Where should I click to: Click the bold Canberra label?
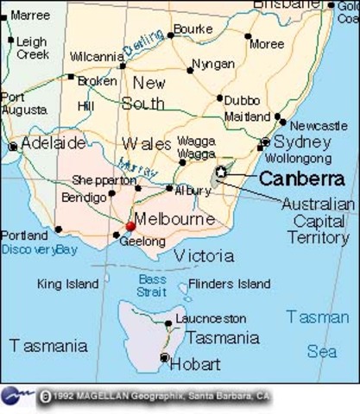coord(301,179)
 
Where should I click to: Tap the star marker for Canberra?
coord(221,172)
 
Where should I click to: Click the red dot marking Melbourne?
coord(130,227)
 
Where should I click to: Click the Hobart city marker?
coord(164,357)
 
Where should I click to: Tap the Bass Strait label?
coord(152,285)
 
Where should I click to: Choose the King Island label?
coord(68,284)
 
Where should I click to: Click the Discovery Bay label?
coord(39,249)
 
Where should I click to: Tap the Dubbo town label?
coord(242,98)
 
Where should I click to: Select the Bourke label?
coord(193,29)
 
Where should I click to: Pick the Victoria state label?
coord(204,256)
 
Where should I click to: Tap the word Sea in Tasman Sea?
coord(322,351)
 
